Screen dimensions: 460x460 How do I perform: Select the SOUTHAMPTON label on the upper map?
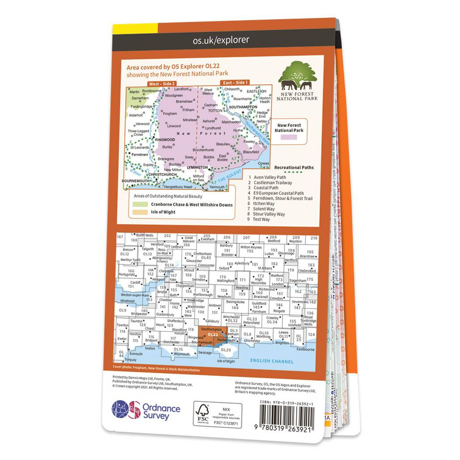243,107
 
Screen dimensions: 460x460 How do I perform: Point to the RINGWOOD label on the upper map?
165,140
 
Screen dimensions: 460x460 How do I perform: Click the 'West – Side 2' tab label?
162,84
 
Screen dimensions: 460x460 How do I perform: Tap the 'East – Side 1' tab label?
235,83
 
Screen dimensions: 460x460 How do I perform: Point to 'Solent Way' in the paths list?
264,209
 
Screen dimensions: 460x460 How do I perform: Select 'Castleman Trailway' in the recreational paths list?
273,183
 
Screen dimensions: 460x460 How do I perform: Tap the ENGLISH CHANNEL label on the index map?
272,361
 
